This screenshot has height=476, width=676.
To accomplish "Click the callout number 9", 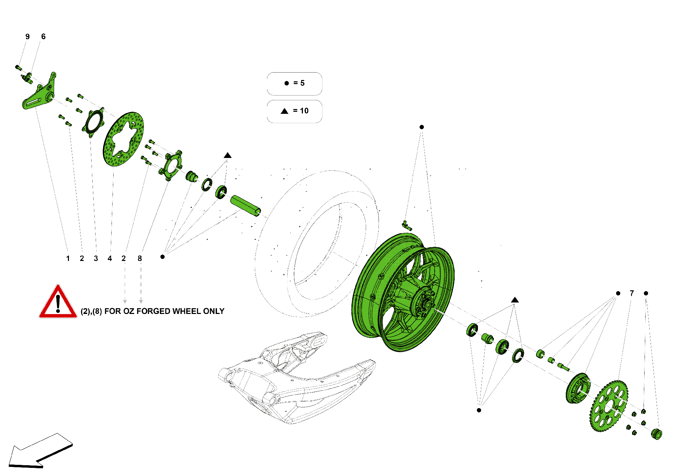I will [27, 37].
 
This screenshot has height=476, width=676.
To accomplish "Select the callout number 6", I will [43, 37].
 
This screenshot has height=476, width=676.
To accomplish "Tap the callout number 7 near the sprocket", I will [632, 293].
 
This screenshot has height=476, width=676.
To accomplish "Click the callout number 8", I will [140, 259].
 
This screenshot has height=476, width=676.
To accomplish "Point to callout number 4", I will [110, 259].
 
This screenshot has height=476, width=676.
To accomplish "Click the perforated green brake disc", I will [123, 139].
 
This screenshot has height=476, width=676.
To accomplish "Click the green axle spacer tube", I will [245, 206].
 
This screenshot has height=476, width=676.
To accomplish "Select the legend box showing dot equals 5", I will [294, 83].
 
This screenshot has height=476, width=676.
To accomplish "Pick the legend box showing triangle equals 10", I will [294, 111].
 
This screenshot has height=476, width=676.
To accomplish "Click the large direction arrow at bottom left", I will [39, 451].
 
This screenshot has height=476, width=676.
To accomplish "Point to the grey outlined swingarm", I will [297, 378].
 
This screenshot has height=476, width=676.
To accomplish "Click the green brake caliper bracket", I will [39, 93].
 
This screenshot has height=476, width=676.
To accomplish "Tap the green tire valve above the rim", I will [407, 226].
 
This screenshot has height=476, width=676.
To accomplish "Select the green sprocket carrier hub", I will [577, 389].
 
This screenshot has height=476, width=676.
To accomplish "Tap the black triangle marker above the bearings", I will [227, 155].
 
